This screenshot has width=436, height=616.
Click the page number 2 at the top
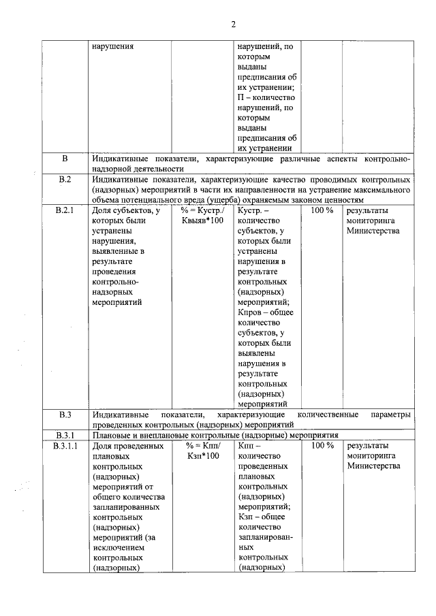[233, 25]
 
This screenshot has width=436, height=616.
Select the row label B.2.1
[65, 211]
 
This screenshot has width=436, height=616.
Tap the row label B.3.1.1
[65, 446]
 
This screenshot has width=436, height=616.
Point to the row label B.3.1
[65, 435]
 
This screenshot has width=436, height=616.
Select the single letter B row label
[65, 159]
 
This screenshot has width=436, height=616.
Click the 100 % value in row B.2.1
[322, 211]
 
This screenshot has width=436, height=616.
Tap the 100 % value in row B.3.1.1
[322, 446]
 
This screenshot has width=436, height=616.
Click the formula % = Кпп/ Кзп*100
[203, 451]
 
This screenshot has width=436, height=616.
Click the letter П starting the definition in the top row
[240, 97]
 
